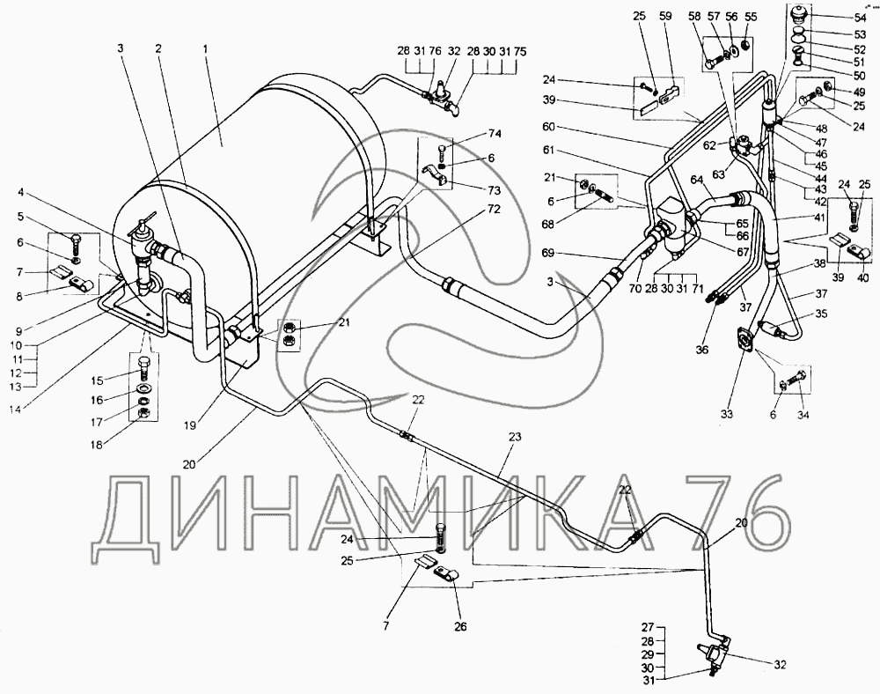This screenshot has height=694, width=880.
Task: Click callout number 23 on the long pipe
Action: coord(514,437)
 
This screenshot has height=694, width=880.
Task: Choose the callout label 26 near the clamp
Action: coord(462,626)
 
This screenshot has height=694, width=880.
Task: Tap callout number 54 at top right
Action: coord(859,18)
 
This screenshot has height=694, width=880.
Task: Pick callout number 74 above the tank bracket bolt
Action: coord(494,135)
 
